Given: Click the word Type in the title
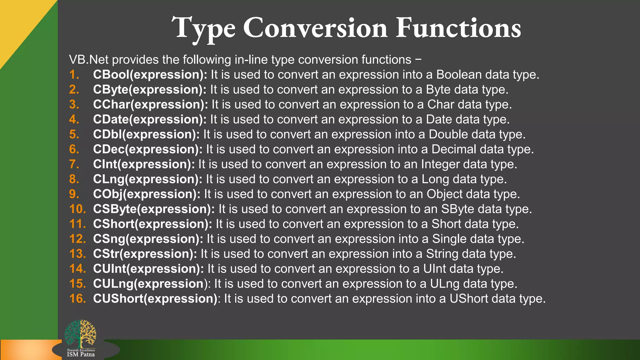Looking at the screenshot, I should click(203, 28).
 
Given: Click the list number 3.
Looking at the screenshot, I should click(74, 104).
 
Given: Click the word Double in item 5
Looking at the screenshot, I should click(448, 134).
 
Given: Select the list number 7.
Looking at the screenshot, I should click(74, 164).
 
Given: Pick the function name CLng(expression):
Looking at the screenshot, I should click(148, 179).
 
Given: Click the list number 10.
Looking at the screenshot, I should click(77, 209).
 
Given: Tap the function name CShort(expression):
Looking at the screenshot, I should click(152, 224).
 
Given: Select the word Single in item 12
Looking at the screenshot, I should click(449, 239).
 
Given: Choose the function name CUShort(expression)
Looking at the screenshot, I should click(155, 299).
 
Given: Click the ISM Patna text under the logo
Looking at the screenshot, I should click(81, 354).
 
